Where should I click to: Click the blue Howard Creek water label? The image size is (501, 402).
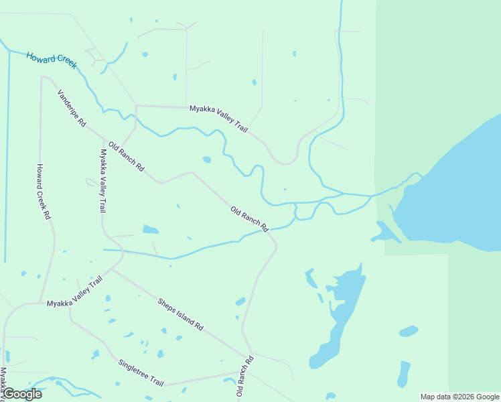coord(52,59)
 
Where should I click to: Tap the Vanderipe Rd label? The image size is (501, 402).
coord(72,109)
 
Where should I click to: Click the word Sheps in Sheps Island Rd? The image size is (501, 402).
coord(167,306)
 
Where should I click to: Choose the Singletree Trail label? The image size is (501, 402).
coord(141,373)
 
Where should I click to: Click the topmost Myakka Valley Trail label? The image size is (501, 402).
coord(218,118)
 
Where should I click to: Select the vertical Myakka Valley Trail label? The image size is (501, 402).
coord(104,181)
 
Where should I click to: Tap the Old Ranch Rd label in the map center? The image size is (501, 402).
coord(249,219)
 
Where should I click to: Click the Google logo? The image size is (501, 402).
coord(22,394)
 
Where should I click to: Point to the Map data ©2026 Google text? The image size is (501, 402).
coord(459,397)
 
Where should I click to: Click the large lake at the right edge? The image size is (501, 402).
coord(455,188)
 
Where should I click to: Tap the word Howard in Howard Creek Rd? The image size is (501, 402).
coord(42,176)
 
